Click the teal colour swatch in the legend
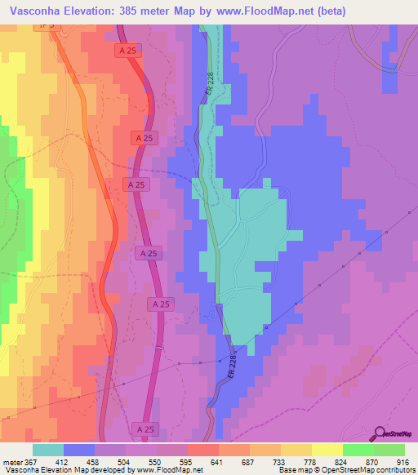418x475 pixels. pyautogui.click(x=48, y=450)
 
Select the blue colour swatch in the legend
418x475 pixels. pyautogui.click(x=79, y=450)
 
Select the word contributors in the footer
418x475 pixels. pyautogui.click(x=394, y=470)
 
